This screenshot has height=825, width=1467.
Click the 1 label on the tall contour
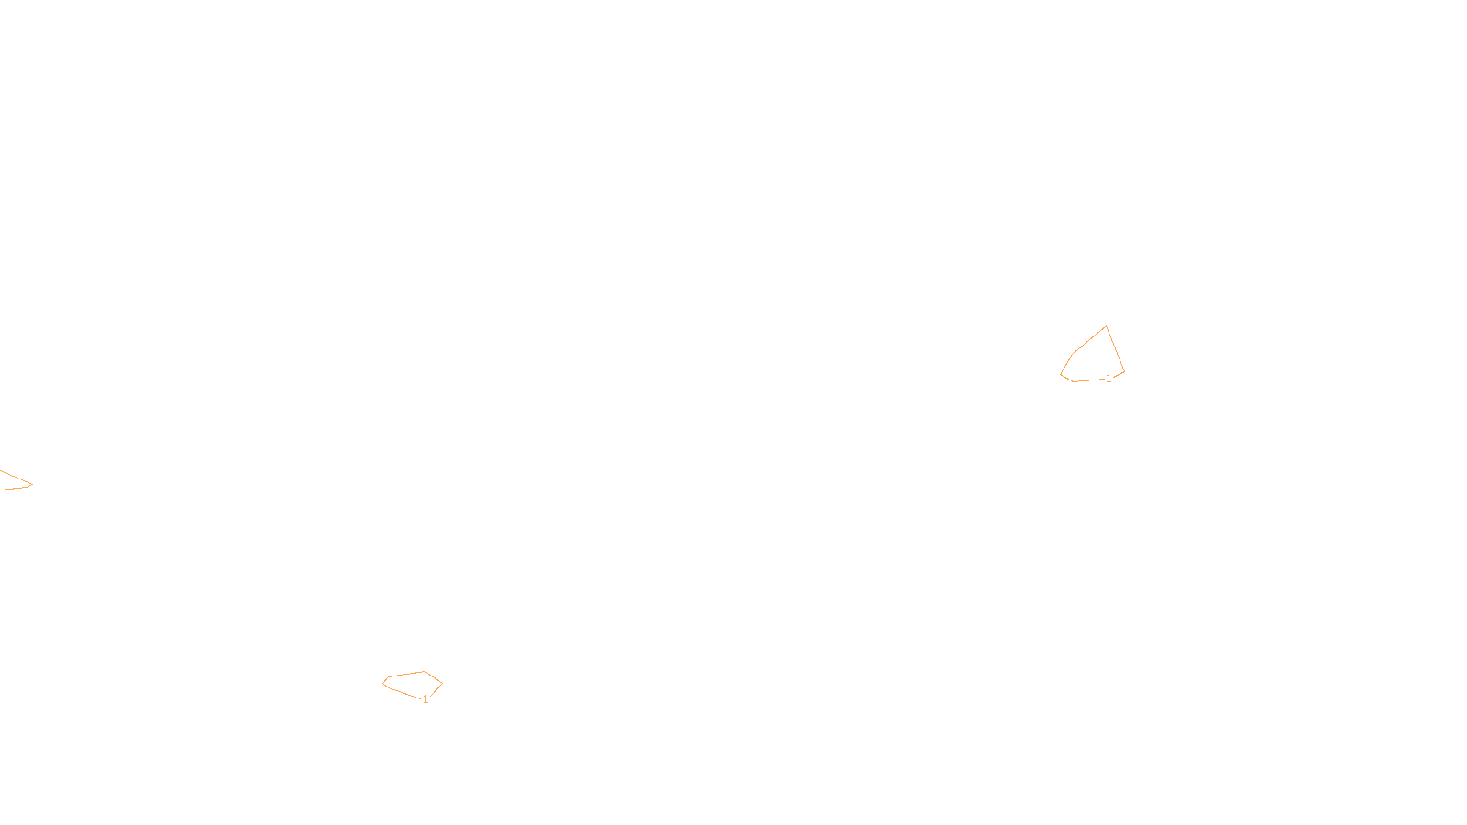click(x=1109, y=379)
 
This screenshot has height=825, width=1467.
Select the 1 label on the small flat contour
click(x=425, y=699)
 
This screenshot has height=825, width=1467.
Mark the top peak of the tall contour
click(x=1106, y=326)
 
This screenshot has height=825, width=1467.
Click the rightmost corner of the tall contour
click(x=1124, y=372)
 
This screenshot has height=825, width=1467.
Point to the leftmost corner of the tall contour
click(x=1061, y=374)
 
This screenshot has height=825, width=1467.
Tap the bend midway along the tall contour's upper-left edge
click(x=1074, y=353)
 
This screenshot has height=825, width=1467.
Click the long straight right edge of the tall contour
click(x=1115, y=349)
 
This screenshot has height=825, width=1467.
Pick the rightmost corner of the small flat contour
click(x=442, y=684)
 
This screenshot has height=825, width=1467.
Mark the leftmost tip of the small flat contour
click(x=383, y=683)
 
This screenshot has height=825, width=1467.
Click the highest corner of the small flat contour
click(x=424, y=672)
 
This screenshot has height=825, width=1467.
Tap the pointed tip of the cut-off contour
click(x=32, y=484)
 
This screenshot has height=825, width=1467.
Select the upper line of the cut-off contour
click(x=15, y=477)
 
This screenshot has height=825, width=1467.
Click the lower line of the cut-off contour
click(x=15, y=488)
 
